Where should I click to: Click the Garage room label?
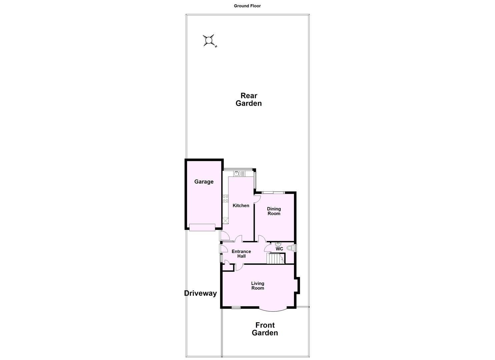pos(204,182)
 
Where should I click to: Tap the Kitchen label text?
pos(241,206)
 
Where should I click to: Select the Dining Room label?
pos(274,211)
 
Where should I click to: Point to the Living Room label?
pos(257,286)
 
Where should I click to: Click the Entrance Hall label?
pos(241,254)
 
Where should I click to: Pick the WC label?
pos(279,249)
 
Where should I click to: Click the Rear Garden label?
pos(248,100)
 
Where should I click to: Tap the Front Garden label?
pos(265,329)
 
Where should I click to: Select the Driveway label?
pos(200,293)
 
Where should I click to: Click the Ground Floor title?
pos(247,6)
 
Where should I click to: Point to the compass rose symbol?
pos(209,40)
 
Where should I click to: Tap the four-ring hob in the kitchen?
pos(225,199)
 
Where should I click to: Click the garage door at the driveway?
pos(202,227)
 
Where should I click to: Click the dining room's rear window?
pos(273,192)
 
